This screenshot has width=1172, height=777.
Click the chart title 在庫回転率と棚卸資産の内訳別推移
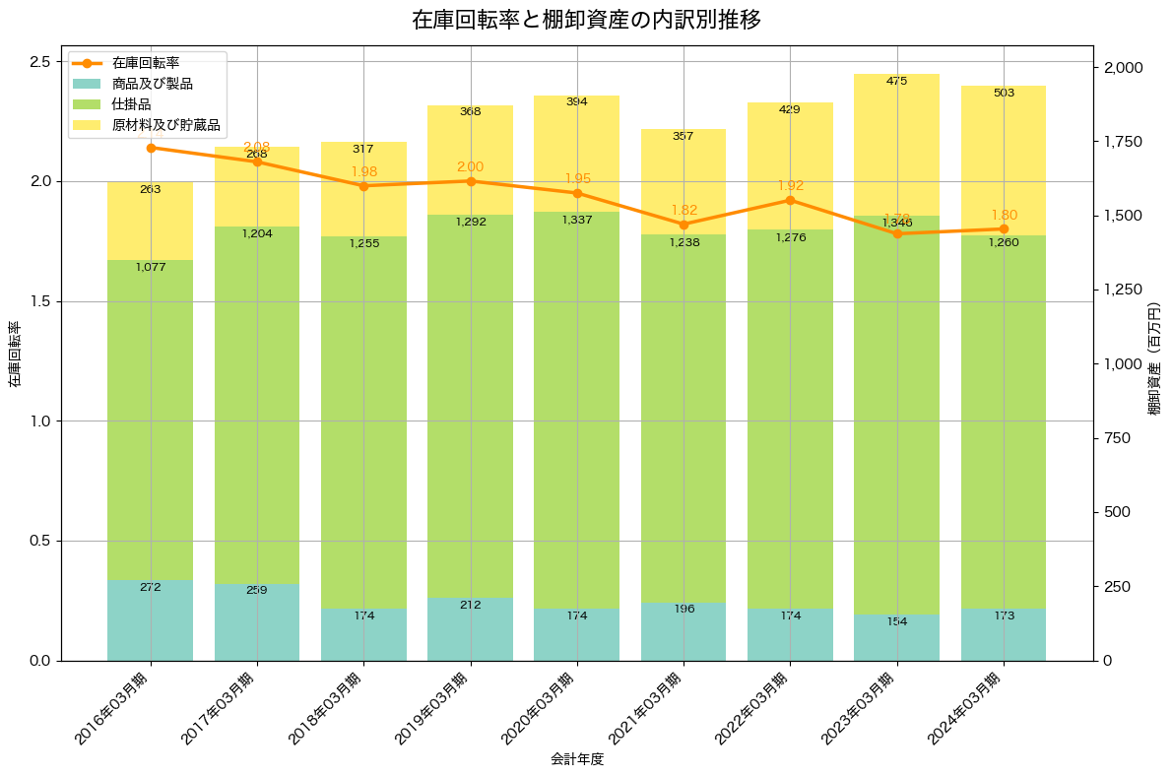586,21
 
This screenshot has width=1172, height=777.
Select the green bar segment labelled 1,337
577,414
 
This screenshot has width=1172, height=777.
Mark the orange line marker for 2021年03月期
684,225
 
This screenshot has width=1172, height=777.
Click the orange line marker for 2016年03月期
151,148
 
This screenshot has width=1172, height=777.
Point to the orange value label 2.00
471,167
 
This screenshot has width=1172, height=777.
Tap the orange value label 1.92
791,185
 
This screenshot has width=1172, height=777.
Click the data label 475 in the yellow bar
896,81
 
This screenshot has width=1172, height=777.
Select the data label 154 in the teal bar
896,621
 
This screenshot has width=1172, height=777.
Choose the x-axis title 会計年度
576,759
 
